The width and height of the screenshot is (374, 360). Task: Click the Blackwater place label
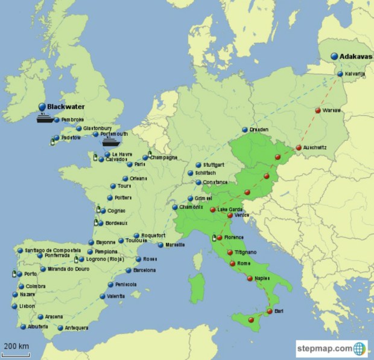coord(66,106)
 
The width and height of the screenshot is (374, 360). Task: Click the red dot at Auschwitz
coord(299,148)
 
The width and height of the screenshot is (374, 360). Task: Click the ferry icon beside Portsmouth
coord(110,143)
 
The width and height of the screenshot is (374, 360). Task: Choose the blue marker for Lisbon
coord(14,306)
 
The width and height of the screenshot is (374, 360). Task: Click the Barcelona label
coord(145,270)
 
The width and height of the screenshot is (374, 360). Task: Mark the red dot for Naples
coord(250,278)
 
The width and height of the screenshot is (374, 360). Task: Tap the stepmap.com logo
coord(331,349)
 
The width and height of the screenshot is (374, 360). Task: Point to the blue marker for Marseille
coord(160,245)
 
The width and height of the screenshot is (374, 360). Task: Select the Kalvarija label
coord(355,74)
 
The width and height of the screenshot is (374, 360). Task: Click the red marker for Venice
coord(230,215)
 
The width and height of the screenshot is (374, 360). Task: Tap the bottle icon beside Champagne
coord(150,155)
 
